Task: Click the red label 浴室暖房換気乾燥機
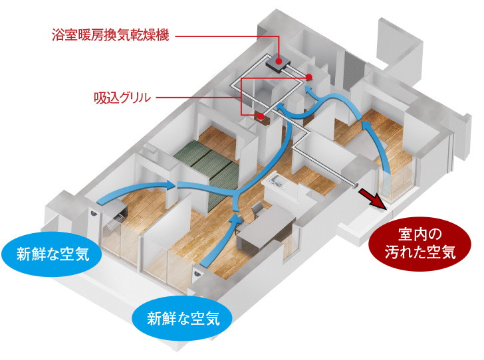click(x=110, y=35)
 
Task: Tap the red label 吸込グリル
click(x=122, y=98)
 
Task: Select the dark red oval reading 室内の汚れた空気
click(x=420, y=244)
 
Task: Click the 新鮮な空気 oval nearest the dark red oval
click(x=183, y=318)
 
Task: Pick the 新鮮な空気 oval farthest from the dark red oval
click(x=52, y=254)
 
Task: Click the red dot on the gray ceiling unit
click(x=279, y=61)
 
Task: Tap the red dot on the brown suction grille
click(x=261, y=116)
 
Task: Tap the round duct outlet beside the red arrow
click(x=354, y=186)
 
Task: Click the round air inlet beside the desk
click(x=94, y=212)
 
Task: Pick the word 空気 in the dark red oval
click(x=441, y=252)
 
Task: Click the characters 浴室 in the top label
click(x=64, y=35)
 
